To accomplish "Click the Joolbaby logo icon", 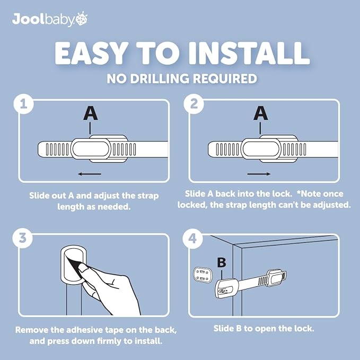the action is pos(82,19).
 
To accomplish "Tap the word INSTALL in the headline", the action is pos(249,53).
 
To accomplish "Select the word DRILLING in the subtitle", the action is pos(160,78).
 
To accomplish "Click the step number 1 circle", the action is pos(24,104).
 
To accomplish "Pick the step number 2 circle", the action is pos(194,104).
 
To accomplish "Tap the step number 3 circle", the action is pos(22,238).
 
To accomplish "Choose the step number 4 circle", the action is pos(192,238).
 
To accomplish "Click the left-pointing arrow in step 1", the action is pos(89,174).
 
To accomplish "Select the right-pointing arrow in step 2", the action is pos(259,174).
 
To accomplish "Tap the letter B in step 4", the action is pos(222,262).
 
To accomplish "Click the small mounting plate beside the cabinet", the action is pos(203,275).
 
